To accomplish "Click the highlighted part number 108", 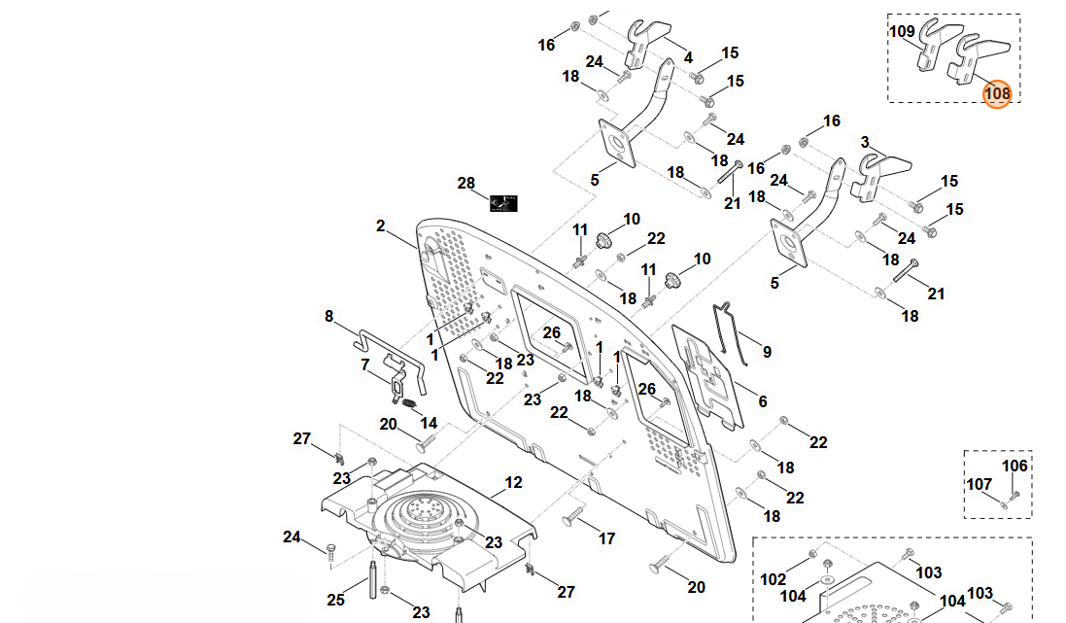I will pos(997,93).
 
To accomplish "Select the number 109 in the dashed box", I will pos(903,31).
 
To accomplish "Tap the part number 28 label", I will pos(466,184).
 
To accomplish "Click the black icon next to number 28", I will pos(503,202).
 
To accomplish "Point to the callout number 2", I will pos(381,226).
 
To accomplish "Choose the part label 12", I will pos(513,482).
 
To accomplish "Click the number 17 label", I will pos(606,538).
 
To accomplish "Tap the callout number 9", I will pos(767,352).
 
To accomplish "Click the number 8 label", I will pos(328,316).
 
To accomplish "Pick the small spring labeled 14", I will pos(410,402).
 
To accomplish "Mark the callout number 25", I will pos(335,600).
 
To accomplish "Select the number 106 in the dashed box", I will pos(1014,466).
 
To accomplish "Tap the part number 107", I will pos(979,484).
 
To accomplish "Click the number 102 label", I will pos(774,579).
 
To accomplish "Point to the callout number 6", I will pos(762,401).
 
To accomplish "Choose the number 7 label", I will pos(365,365).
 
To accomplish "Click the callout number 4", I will pos(688,57).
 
